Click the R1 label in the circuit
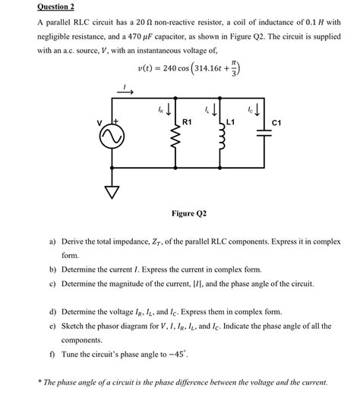coord(188,121)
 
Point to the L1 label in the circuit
coord(231,121)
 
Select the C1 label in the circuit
coord(277,121)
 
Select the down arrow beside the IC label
coord(267,112)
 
